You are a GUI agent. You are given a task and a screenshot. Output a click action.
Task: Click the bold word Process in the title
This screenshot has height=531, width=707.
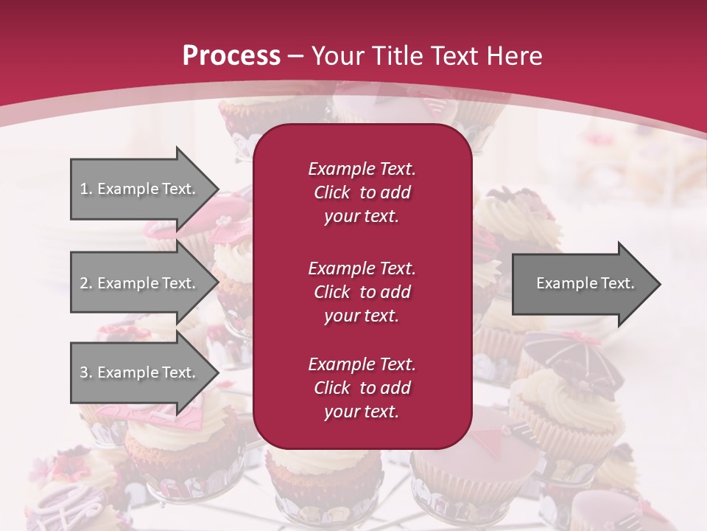pos(231,55)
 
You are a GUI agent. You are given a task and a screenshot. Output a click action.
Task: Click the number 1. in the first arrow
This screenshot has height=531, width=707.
pos(86,189)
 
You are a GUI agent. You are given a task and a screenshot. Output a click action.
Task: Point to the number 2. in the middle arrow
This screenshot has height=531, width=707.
pos(86,283)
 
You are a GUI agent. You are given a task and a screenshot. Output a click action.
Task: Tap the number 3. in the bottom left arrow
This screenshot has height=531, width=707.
pos(86,372)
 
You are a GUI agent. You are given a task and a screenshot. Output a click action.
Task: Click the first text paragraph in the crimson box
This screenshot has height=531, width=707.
pos(362,192)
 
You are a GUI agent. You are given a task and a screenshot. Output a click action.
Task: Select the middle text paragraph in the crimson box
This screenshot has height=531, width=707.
pos(362,292)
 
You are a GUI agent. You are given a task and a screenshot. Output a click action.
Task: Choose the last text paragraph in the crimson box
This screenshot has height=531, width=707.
pos(362,388)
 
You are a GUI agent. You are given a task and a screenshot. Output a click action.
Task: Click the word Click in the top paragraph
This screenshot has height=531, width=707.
pos(331,192)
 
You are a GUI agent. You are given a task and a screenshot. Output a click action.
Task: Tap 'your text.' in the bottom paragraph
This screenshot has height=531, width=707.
pos(362,412)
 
